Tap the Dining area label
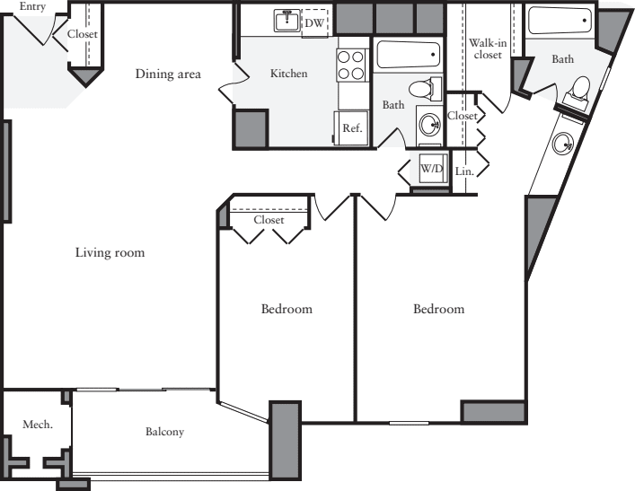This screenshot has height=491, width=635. [x=168, y=74]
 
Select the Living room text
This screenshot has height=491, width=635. [x=110, y=253]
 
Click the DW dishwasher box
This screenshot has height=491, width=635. [x=313, y=22]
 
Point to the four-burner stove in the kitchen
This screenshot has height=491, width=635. [x=351, y=64]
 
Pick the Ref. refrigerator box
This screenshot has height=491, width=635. [x=351, y=127]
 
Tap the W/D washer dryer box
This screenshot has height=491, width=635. [x=431, y=169]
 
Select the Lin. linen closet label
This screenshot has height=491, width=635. [x=463, y=171]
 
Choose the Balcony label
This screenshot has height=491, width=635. [x=164, y=432]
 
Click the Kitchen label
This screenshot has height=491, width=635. [x=288, y=74]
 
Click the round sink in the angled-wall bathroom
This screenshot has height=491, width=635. [x=564, y=143]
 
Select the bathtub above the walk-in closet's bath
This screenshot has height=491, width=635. [x=559, y=21]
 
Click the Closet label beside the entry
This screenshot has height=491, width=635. [x=83, y=34]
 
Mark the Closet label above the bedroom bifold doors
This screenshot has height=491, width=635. [x=269, y=220]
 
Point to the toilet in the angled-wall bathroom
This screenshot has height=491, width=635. [x=579, y=90]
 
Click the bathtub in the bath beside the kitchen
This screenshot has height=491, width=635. [x=408, y=55]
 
